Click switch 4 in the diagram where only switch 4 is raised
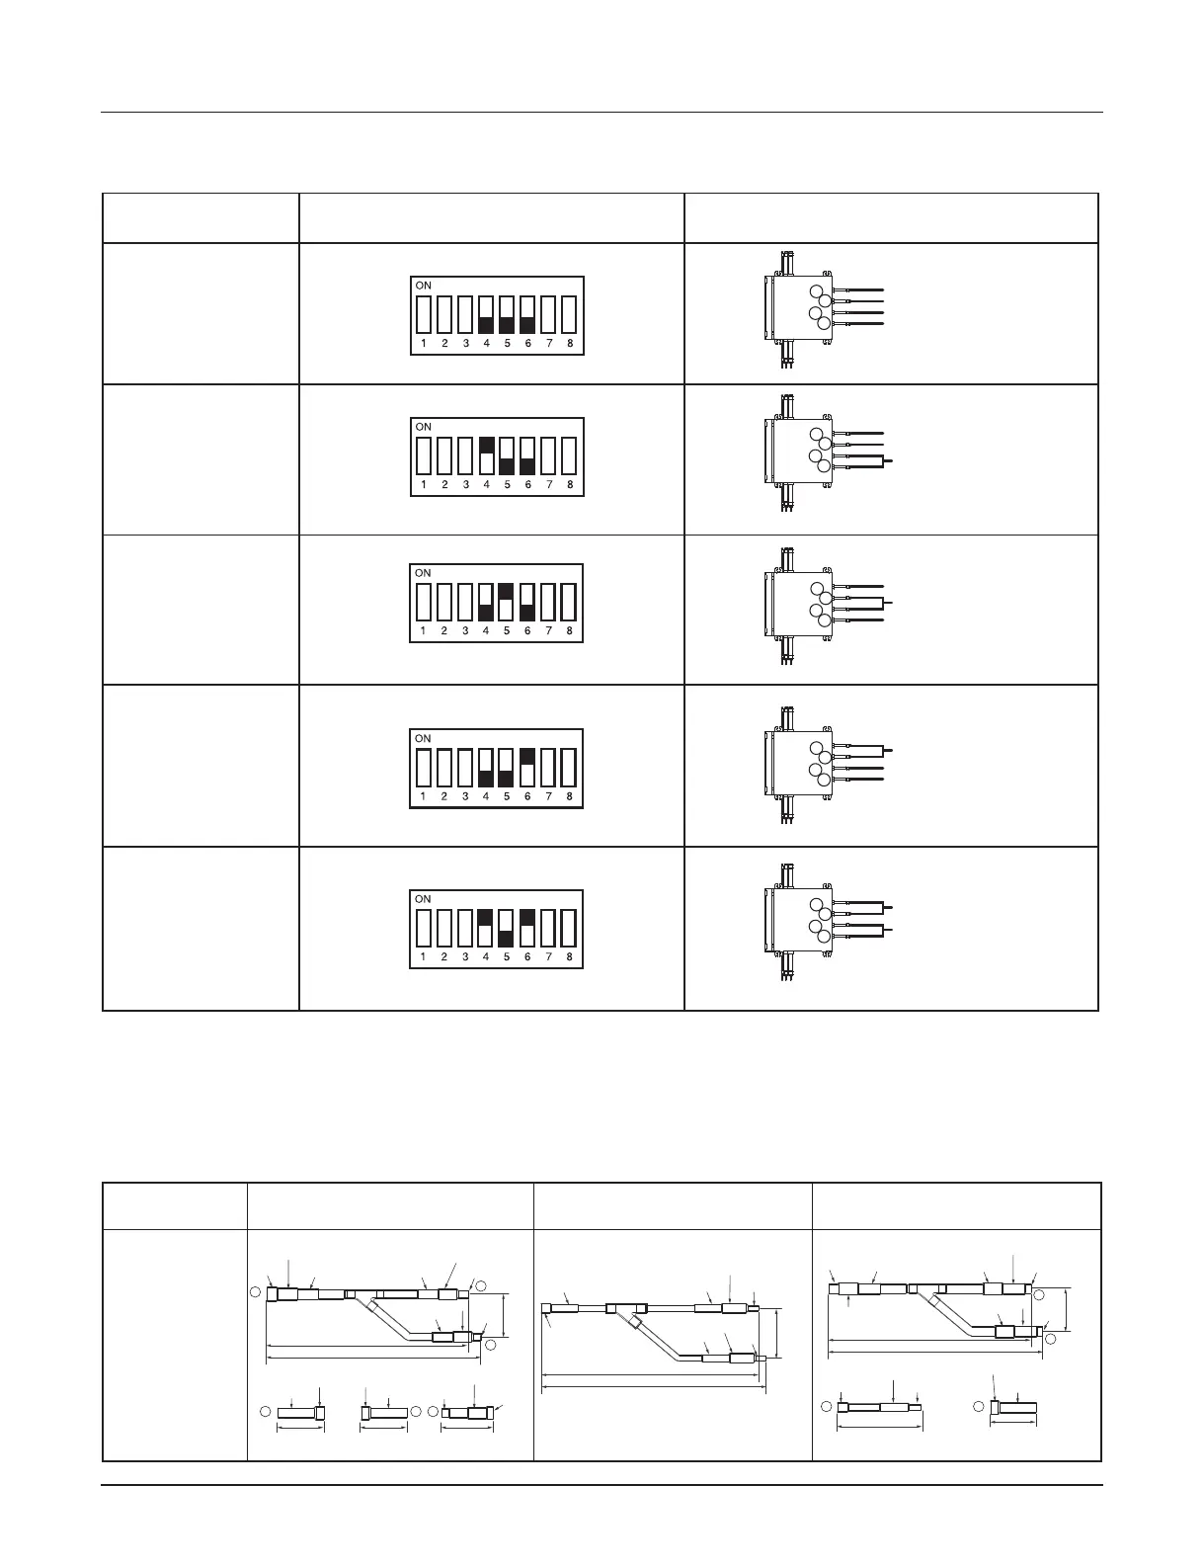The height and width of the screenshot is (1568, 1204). point(486,456)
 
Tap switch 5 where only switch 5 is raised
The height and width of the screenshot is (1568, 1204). point(506,603)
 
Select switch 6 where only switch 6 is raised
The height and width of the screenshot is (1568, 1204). point(527,768)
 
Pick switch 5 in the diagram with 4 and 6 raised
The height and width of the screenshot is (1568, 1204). point(507,930)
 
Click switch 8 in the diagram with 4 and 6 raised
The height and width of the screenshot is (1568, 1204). point(569,930)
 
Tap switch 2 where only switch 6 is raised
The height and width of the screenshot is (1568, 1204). point(443,768)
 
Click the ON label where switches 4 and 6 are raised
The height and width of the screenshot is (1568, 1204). point(424,899)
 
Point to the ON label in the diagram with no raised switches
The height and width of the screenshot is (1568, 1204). point(424,286)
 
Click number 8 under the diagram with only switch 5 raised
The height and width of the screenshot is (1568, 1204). point(569,631)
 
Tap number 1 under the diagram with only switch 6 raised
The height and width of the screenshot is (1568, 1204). point(423,796)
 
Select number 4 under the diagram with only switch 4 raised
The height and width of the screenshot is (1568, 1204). point(486,485)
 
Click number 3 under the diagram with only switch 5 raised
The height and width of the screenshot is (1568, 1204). point(465,631)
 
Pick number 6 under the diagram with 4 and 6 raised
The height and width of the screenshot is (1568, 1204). point(527,956)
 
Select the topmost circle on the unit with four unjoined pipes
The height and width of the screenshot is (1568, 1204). point(815,292)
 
